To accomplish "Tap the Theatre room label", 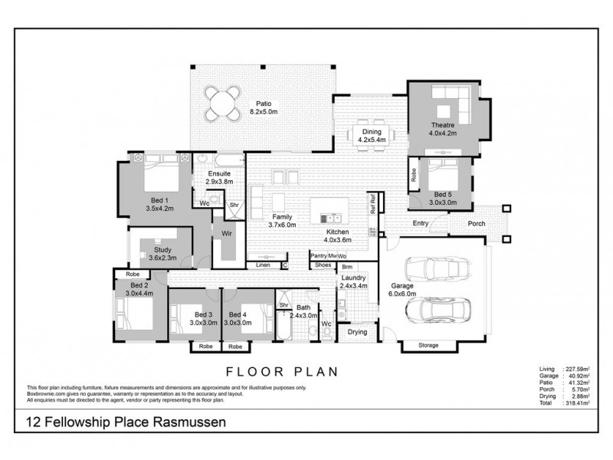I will click(x=442, y=129).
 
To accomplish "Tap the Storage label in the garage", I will click(x=428, y=345).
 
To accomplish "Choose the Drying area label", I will click(x=357, y=332).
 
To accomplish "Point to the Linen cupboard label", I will click(x=263, y=265).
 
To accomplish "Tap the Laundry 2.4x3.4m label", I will click(x=353, y=281).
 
